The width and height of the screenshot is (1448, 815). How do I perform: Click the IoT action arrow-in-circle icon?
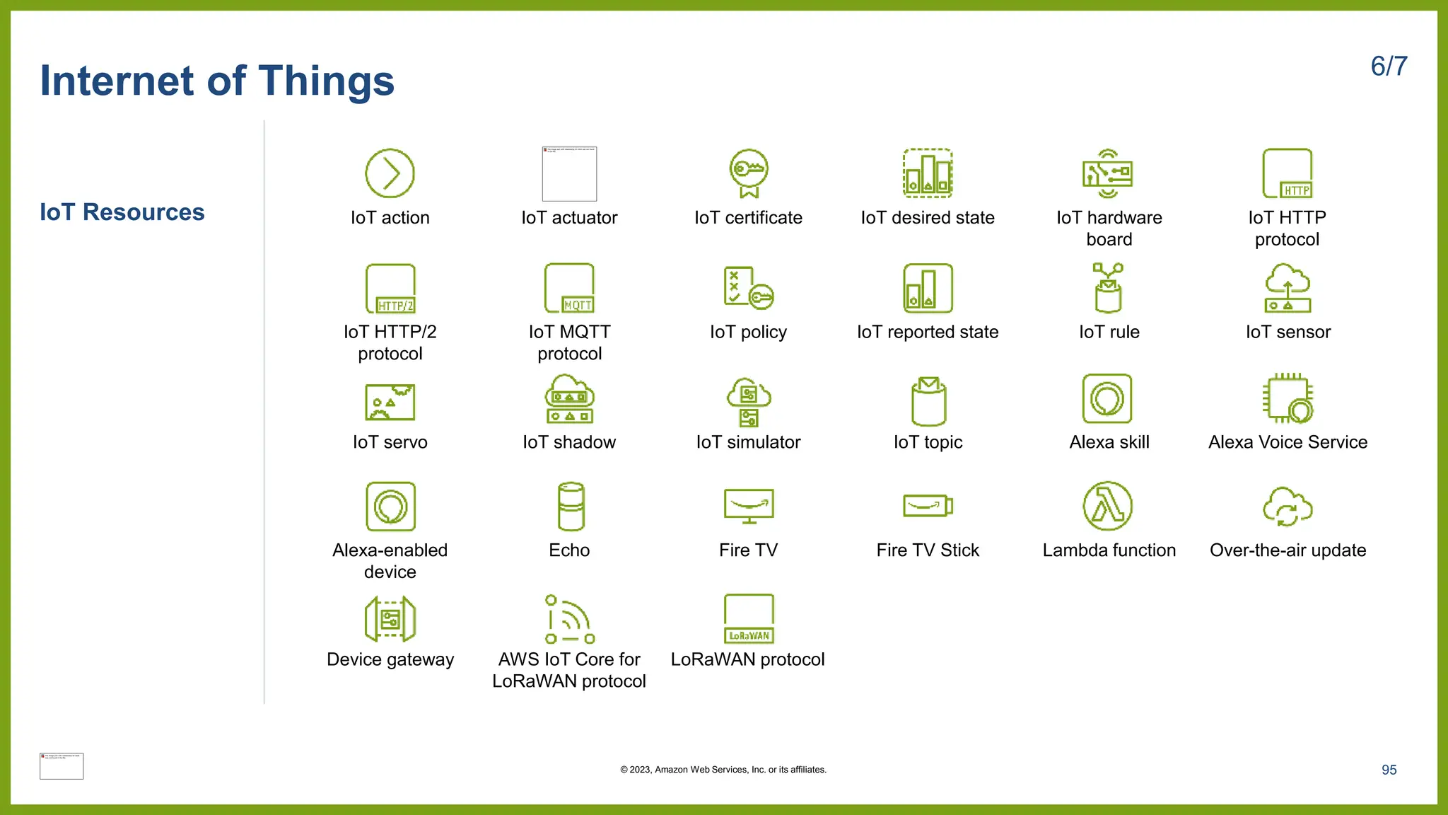click(x=390, y=173)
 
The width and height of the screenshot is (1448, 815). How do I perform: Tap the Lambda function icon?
click(x=1108, y=507)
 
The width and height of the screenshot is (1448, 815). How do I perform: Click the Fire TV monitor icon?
click(x=749, y=507)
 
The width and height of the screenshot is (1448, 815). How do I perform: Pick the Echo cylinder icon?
click(x=570, y=507)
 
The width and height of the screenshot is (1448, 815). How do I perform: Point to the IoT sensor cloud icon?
click(x=1288, y=288)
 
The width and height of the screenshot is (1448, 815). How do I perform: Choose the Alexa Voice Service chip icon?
click(x=1288, y=398)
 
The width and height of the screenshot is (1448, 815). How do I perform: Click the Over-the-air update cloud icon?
click(x=1288, y=507)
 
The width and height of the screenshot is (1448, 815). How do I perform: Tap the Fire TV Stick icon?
click(x=928, y=507)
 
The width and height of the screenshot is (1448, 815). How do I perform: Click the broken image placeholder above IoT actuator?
click(x=569, y=174)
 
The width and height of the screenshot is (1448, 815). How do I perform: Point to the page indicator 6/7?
click(x=1389, y=67)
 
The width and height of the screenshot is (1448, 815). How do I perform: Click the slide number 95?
click(x=1389, y=770)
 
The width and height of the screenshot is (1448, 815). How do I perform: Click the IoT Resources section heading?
click(x=122, y=212)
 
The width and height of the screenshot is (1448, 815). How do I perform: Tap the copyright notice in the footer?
click(x=723, y=770)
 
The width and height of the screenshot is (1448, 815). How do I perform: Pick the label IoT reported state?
click(x=928, y=332)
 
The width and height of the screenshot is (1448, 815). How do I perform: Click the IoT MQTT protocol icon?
click(x=569, y=288)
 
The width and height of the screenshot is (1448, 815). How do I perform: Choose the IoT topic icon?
click(x=928, y=400)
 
